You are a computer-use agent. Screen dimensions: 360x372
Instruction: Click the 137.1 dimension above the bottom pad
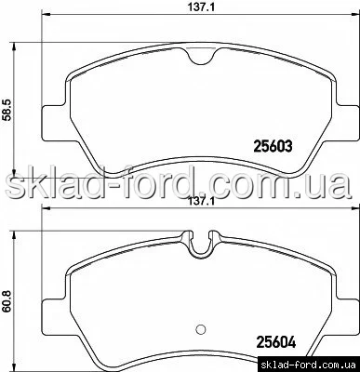pyautogui.click(x=202, y=202)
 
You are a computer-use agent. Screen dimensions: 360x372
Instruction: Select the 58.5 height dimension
pyautogui.click(x=7, y=110)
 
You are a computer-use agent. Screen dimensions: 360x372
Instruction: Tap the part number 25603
pyautogui.click(x=273, y=145)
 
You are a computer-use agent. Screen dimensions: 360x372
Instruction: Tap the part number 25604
pyautogui.click(x=275, y=341)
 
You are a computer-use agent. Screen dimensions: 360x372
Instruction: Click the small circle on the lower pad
pyautogui.click(x=201, y=328)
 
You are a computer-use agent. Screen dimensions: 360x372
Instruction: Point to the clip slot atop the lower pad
pyautogui.click(x=201, y=244)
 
